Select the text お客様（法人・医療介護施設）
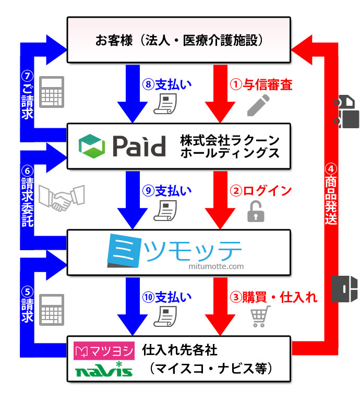(x=178, y=40)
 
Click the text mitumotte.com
(x=216, y=266)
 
